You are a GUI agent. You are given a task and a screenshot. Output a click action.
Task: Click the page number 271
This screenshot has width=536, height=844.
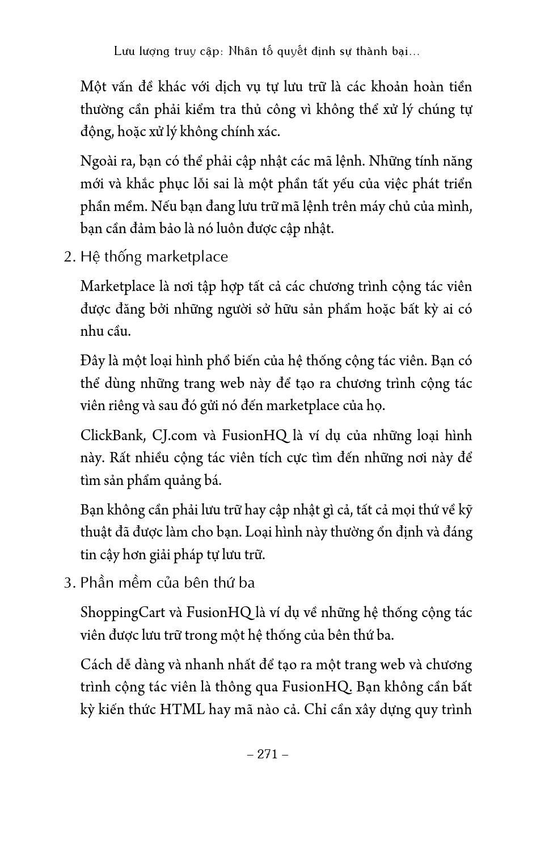coord(268,754)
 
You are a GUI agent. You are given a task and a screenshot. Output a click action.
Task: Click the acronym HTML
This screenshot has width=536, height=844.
coord(182,710)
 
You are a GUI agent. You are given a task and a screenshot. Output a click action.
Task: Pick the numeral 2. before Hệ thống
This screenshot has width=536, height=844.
coord(70,257)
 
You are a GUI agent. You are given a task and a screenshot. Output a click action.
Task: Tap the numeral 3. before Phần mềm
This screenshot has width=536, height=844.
coord(70,583)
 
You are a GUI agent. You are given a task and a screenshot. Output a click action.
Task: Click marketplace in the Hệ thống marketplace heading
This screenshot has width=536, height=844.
coord(187,257)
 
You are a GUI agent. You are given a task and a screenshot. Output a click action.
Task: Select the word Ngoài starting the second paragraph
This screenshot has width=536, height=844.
coord(98,161)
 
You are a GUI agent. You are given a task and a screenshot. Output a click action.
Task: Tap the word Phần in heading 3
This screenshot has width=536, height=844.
coord(97,583)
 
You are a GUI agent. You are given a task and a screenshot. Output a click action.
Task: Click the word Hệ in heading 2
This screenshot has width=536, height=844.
coord(89,257)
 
